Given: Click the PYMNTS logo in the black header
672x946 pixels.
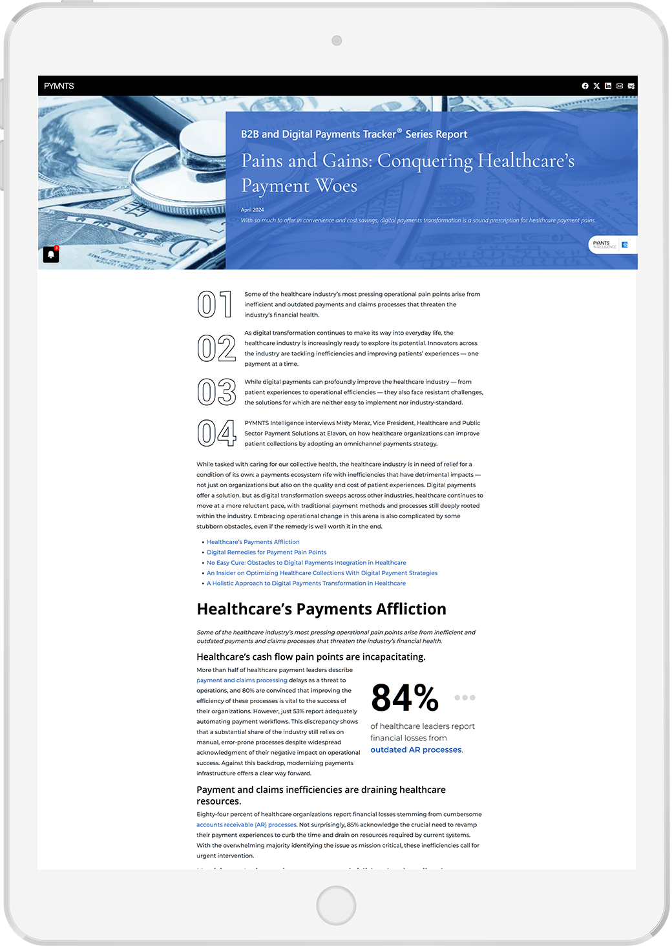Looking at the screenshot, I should pos(59,86).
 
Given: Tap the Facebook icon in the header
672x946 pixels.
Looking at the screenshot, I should pos(585,86).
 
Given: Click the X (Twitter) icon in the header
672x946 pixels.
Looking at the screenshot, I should pos(596,86).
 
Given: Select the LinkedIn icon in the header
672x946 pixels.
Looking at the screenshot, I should pos(608,86).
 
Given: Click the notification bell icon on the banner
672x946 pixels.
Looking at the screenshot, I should pos(51,255).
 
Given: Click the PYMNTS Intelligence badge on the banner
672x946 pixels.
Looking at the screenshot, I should pos(611,244).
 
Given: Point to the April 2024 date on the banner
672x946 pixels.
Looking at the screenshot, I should pos(253,210).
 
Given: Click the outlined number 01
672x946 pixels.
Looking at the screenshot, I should pos(215,304).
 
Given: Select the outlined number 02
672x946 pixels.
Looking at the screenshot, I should pos(216,348).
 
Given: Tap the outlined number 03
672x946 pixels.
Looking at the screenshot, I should pos(216,392).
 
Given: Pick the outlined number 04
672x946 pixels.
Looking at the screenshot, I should pos(216,433).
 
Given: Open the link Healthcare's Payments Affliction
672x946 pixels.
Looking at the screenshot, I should pos(253,542).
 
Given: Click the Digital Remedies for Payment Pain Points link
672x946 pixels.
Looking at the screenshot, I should pos(266,552).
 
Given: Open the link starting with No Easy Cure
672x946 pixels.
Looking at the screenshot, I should pos(306,563).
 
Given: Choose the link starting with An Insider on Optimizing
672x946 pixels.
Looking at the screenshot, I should pos(322,573).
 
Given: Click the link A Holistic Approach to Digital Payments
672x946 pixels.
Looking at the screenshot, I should pos(306,583).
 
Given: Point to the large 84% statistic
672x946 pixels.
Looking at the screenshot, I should pos(405,699).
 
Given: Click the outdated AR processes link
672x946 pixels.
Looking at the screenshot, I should pos(416,750).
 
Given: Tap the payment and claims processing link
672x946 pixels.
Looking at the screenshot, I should pos(242,680).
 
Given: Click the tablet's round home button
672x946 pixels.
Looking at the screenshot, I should pos(336,905).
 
